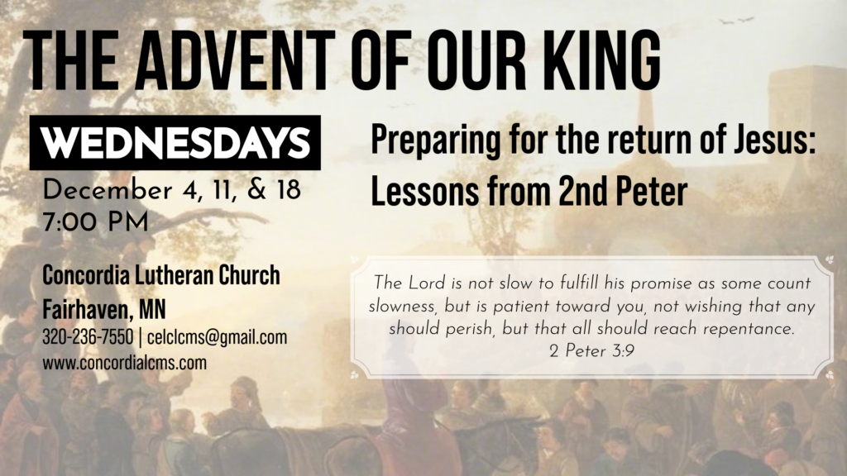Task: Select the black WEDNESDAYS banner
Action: (175, 142)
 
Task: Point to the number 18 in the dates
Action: (289, 190)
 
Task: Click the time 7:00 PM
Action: (95, 222)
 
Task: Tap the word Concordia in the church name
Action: (86, 275)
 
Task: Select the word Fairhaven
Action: (87, 309)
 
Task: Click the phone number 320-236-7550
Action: (88, 337)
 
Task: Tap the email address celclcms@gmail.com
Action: (218, 337)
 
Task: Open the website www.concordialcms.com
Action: (125, 363)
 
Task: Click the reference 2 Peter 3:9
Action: (591, 351)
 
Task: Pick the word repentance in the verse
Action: (749, 329)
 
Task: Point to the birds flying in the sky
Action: (735, 21)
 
